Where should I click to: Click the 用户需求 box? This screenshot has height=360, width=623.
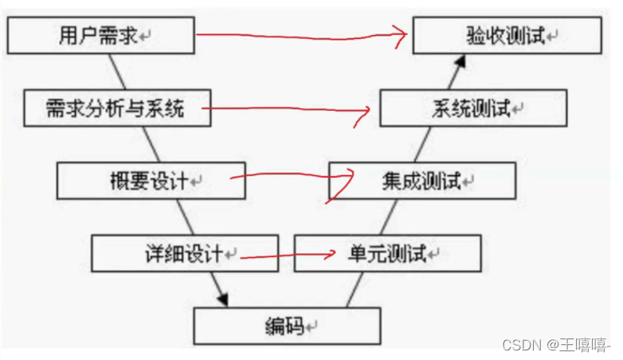tap(100, 35)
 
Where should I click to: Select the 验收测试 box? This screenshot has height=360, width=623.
tap(507, 35)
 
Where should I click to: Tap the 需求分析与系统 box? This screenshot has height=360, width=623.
tap(116, 108)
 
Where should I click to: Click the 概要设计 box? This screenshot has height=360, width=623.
tap(151, 181)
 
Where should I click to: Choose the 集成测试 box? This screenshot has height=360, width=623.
tap(422, 181)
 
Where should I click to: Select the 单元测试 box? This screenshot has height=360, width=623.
tap(388, 254)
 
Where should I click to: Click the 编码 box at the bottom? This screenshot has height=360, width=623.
tap(288, 326)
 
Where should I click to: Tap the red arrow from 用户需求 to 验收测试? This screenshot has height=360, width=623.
tap(303, 34)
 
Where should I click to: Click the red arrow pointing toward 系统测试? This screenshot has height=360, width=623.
tap(287, 108)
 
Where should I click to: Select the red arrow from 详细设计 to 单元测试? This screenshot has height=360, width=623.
tap(287, 256)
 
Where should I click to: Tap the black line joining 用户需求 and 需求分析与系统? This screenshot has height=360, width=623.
tap(117, 72)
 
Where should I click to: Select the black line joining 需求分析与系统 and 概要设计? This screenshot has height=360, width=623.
tap(151, 144)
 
